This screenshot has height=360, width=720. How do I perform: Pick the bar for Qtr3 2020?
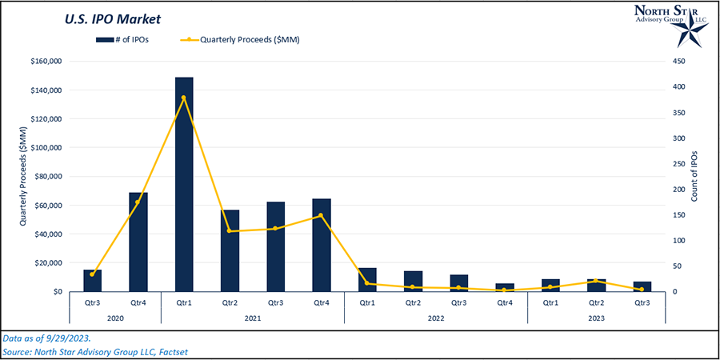(x=93, y=281)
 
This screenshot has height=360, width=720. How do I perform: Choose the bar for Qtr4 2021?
(x=322, y=245)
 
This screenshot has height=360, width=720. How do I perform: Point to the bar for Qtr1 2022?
(x=367, y=280)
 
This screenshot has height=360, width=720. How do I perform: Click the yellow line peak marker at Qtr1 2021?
(x=184, y=98)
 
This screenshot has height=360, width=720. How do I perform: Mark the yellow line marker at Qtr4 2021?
(x=322, y=215)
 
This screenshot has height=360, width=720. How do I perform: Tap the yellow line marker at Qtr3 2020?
(x=93, y=274)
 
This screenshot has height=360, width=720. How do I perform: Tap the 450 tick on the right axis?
(x=678, y=61)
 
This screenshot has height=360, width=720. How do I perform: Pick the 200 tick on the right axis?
(x=678, y=189)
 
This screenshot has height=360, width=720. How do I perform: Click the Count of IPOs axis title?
(x=694, y=176)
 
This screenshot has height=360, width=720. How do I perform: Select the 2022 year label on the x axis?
(x=436, y=317)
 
